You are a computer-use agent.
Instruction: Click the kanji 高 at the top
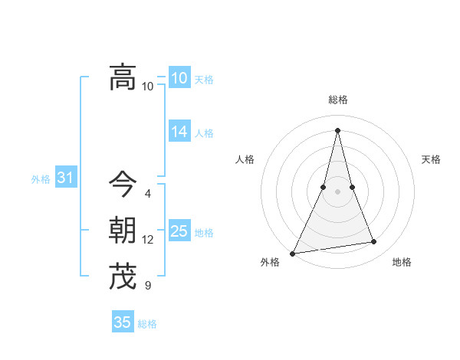(122, 77)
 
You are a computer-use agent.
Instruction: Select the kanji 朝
(122, 230)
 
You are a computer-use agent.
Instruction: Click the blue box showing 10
(179, 78)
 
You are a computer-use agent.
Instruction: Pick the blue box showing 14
(179, 132)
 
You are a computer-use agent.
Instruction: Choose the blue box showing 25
(179, 231)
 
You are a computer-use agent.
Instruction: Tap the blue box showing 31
(66, 178)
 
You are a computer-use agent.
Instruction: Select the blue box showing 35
(123, 322)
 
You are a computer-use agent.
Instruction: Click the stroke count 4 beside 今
(147, 194)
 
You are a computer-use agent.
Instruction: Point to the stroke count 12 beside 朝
(147, 240)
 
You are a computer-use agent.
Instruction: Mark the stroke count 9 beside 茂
(147, 286)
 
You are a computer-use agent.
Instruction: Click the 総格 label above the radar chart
(338, 100)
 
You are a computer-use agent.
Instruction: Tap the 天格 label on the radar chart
(431, 159)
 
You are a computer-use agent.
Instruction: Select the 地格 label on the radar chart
(402, 262)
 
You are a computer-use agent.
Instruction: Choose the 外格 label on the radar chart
(270, 262)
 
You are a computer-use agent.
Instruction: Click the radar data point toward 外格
(293, 253)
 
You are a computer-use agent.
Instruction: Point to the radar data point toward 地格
(374, 242)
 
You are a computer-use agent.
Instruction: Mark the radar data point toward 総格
(338, 130)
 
